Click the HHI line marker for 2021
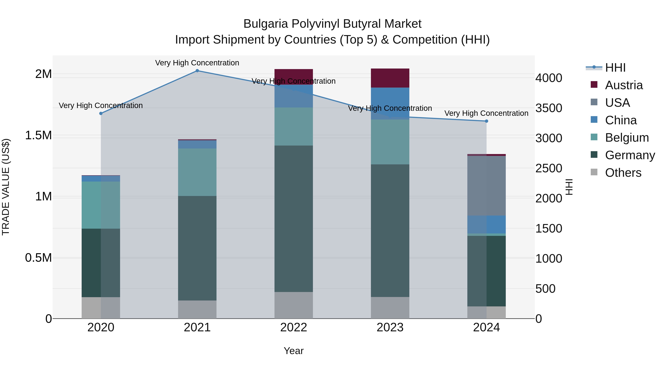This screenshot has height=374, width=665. [197, 71]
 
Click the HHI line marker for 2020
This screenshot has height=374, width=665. [101, 114]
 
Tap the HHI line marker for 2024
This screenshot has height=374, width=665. [486, 121]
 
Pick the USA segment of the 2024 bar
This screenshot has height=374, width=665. [486, 186]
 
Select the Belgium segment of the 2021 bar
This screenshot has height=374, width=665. [197, 172]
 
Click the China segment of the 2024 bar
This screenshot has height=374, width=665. [486, 224]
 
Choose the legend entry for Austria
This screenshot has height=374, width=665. [624, 85]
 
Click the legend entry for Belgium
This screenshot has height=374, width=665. [627, 138]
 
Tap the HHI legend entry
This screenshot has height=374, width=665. [615, 68]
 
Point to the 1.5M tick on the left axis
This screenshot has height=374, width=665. [38, 135]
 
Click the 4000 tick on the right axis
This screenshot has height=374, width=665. [549, 78]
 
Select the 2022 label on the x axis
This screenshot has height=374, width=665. [294, 327]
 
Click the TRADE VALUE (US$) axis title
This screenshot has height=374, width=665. [6, 187]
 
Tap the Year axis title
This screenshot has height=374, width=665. [294, 351]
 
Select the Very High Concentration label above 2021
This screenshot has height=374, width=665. [197, 63]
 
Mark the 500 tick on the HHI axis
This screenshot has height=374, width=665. [545, 288]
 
